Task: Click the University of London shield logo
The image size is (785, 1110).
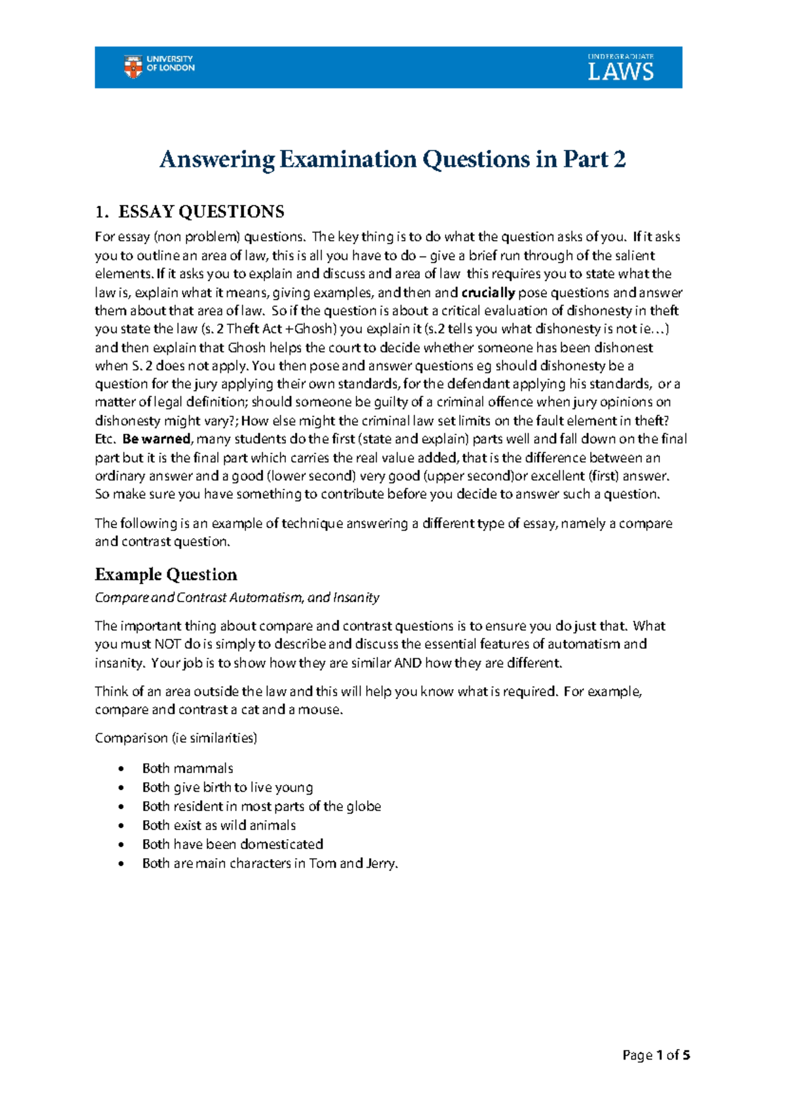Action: pos(133,67)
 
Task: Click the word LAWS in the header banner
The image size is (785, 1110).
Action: pos(620,71)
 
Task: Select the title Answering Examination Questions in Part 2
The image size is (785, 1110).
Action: pos(392,159)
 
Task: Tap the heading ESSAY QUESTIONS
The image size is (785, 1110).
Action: pos(201,211)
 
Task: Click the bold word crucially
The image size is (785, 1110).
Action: pos(488,293)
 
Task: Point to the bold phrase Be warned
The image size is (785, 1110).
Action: pos(156,439)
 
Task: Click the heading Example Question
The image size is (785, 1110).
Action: pos(166,575)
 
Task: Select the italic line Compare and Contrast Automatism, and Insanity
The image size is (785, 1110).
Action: pos(237,598)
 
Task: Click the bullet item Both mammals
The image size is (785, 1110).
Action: pos(188,768)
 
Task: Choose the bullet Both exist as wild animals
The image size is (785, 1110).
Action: pos(219,825)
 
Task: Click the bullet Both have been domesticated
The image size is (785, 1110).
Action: pos(233,844)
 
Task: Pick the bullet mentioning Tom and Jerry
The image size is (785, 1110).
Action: pos(270,863)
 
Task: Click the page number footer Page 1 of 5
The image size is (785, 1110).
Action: pos(656,1055)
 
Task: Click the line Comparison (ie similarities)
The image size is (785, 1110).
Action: pos(176,738)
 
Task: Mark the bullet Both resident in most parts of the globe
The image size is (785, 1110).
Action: pos(262,806)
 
